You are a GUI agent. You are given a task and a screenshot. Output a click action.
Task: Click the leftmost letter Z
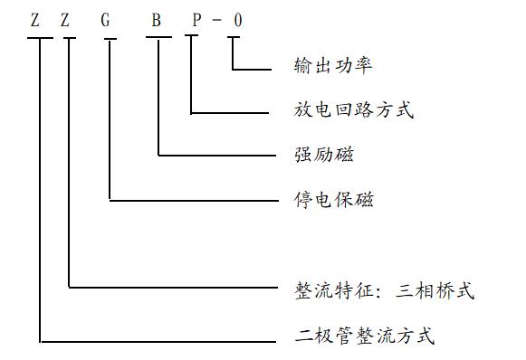(35, 20)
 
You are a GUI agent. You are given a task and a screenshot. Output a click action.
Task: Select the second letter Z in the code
(65, 20)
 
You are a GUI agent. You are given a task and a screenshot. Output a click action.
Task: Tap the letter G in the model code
(106, 20)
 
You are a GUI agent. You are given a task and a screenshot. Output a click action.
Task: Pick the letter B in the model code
(156, 20)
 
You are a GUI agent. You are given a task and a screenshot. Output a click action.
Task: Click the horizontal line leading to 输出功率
(253, 69)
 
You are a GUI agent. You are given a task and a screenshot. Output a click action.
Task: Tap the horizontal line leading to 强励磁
(217, 156)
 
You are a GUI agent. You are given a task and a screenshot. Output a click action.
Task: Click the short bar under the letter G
(110, 38)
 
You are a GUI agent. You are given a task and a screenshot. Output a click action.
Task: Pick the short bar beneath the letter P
(193, 38)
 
